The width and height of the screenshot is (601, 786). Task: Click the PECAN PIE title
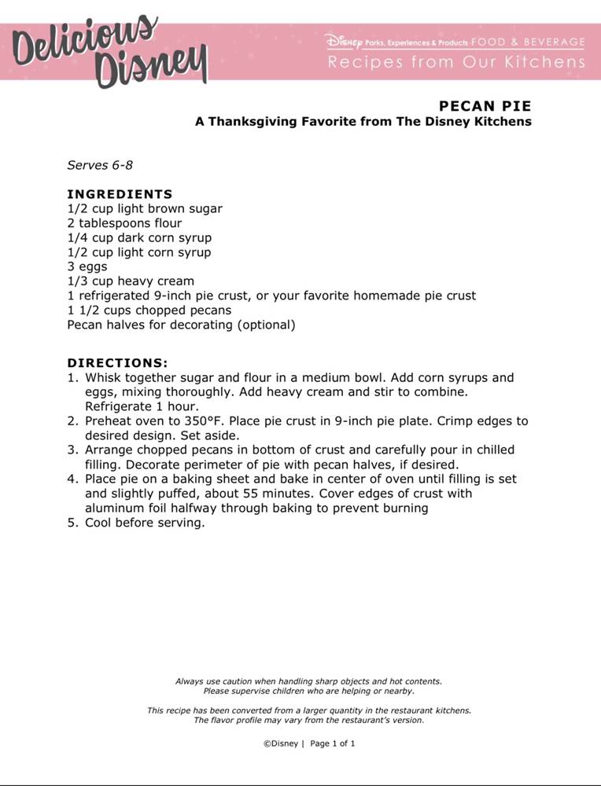485,106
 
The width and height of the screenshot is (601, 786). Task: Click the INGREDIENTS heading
120,194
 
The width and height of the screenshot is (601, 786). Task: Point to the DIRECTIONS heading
117,363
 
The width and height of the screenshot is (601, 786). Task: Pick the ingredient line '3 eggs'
87,266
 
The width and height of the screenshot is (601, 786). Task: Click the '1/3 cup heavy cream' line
131,281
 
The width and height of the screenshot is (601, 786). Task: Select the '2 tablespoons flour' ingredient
124,223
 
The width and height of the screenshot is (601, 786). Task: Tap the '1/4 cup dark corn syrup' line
139,237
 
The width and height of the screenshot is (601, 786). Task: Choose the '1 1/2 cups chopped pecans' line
149,310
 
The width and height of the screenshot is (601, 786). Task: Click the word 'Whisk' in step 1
103,377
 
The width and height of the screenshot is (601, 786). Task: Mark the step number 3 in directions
71,450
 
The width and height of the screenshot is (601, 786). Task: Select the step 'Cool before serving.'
145,523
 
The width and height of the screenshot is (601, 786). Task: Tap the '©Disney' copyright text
281,743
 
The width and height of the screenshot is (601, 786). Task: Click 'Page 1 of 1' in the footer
333,743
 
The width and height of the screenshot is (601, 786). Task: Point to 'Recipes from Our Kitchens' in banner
456,62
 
